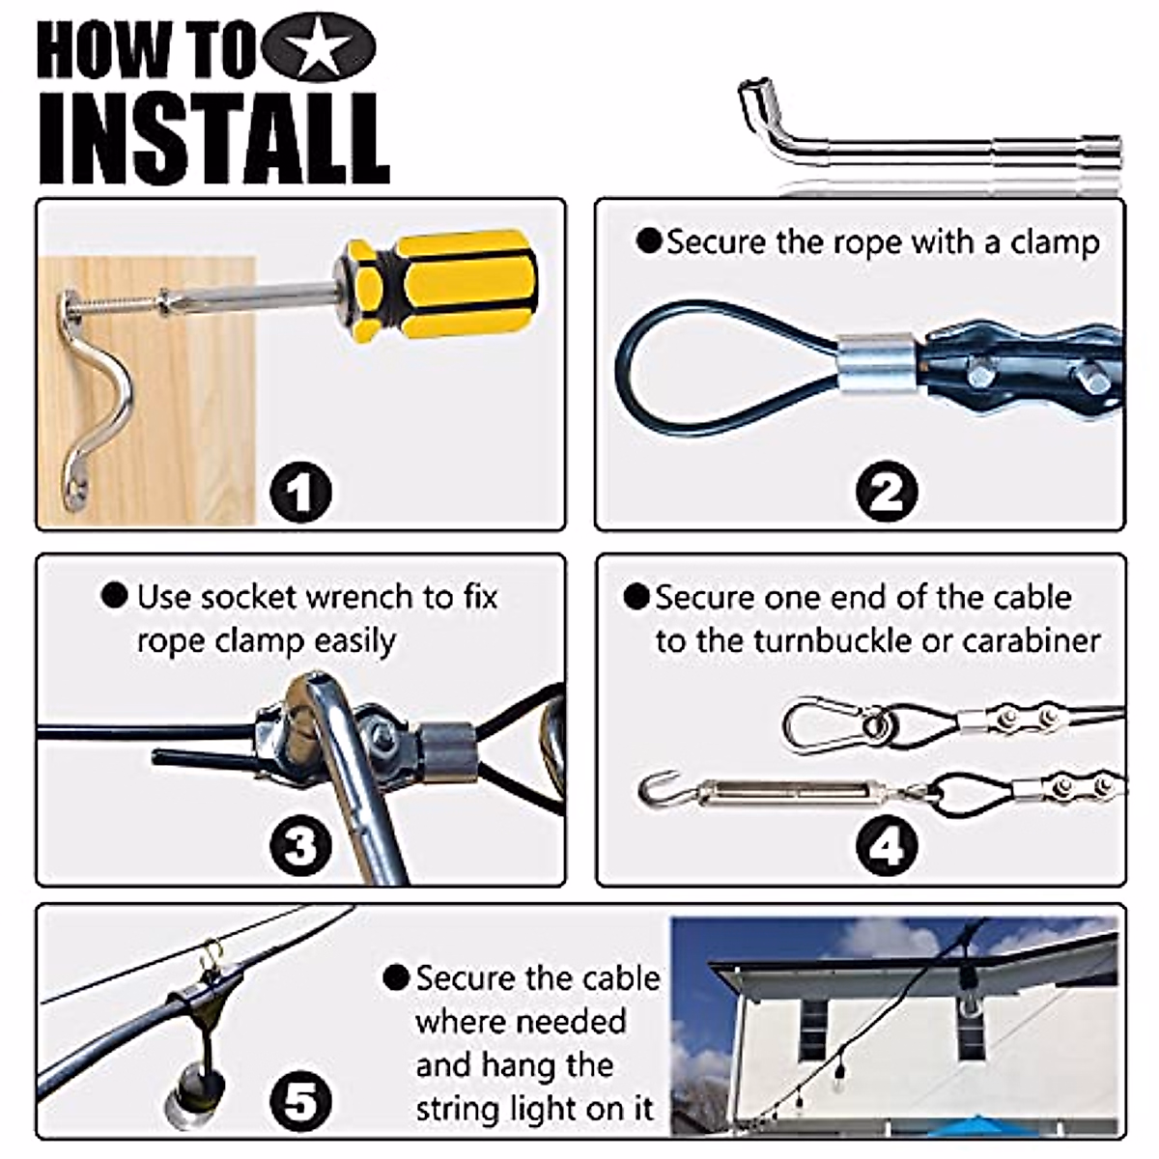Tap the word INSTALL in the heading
[214, 139]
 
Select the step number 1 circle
[300, 491]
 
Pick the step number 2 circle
[887, 491]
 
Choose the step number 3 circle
[300, 845]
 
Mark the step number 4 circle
[887, 845]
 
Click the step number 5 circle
[300, 1102]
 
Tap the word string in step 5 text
[456, 1111]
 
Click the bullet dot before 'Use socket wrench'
[114, 596]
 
